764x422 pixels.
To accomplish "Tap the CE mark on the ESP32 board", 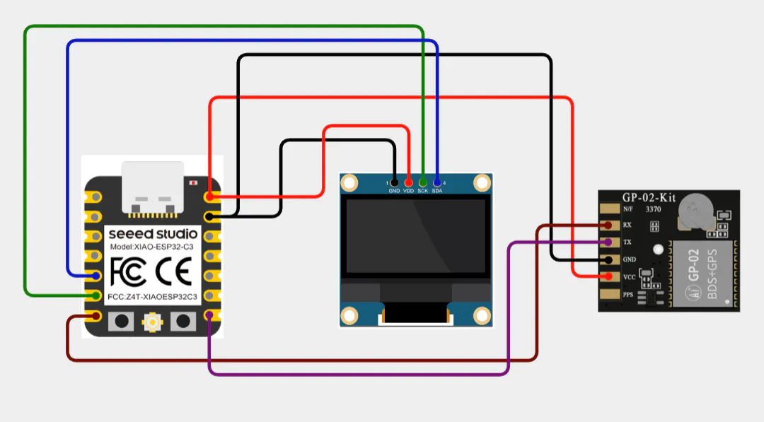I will tap(173, 271).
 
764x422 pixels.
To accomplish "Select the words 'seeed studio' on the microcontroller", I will tap(152, 233).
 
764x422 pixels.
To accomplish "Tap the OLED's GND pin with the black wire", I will tap(394, 182).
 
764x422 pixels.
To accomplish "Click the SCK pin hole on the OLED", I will tap(422, 182).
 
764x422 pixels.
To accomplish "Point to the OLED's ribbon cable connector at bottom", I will tap(415, 313).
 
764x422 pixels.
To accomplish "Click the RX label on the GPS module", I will tap(627, 225).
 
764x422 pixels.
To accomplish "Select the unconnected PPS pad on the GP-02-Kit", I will tap(608, 293).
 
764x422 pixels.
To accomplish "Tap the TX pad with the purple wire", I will tap(608, 242).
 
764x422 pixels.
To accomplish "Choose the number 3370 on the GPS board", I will tap(654, 209).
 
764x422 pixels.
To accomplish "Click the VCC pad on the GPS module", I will tap(608, 276).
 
